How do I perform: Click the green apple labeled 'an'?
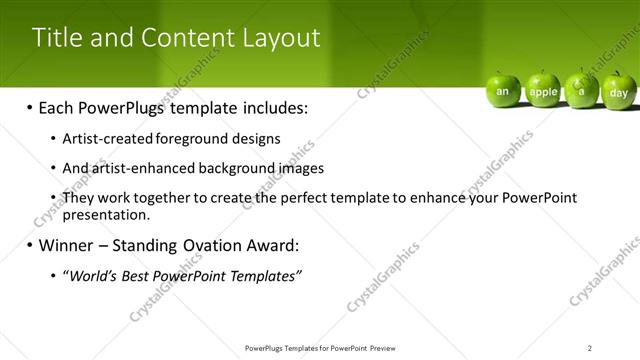503,90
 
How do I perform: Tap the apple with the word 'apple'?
543,90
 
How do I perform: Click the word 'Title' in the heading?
55,38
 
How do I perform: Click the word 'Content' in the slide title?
185,38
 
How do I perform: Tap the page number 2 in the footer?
590,348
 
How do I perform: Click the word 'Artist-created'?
102,139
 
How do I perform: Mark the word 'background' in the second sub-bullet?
238,168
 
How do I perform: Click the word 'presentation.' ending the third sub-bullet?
106,214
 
